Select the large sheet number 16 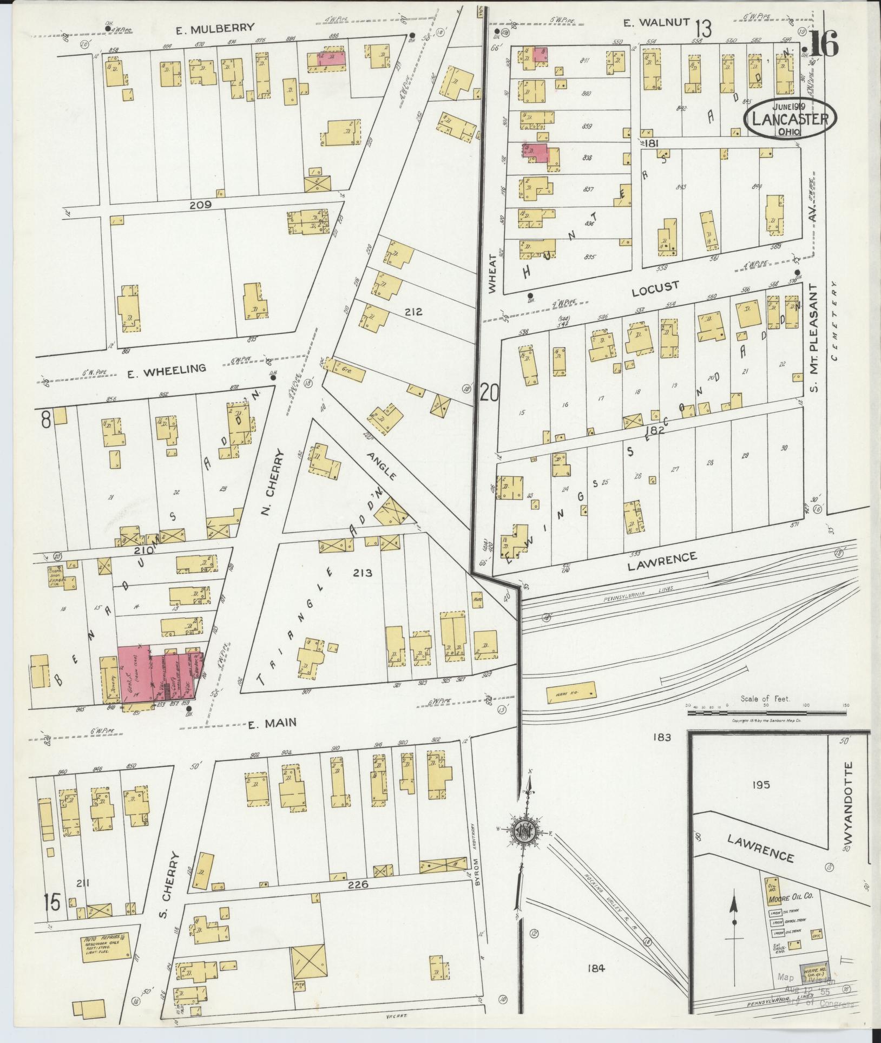pyautogui.click(x=823, y=44)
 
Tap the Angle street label pyautogui.click(x=382, y=465)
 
